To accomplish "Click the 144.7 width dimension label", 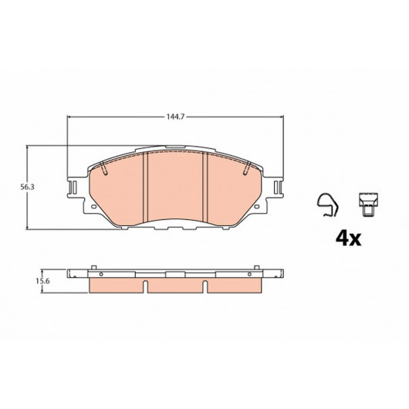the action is [x=175, y=117].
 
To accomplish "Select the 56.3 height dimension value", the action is [x=27, y=187].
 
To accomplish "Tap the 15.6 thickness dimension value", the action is [x=42, y=281].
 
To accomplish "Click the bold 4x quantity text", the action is [x=349, y=239].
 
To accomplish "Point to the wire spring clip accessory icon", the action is [x=328, y=205].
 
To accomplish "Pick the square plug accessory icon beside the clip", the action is [x=368, y=204].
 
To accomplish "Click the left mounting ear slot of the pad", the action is [x=73, y=188].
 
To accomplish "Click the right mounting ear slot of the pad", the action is [x=278, y=188].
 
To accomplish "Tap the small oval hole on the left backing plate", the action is [x=93, y=207].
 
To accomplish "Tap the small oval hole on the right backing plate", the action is [x=257, y=207].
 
